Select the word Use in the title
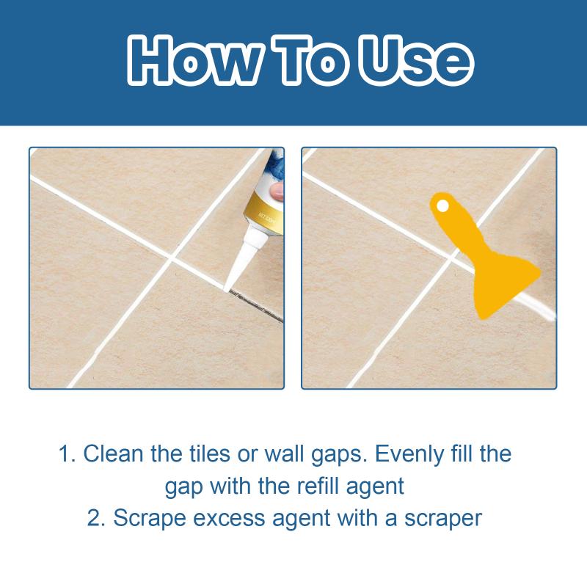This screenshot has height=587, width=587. [x=415, y=60]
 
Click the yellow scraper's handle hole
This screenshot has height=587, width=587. [x=442, y=205]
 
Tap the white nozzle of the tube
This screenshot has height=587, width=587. [x=241, y=261]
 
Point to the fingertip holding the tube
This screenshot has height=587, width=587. [x=277, y=191]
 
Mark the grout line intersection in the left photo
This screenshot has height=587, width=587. [x=171, y=259]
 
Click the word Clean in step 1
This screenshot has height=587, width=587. [x=113, y=453]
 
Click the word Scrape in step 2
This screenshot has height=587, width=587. [x=150, y=519]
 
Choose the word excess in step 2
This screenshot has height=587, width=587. [x=229, y=519]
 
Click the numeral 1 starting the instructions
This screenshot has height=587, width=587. [x=64, y=454]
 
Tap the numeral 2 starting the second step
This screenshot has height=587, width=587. [x=94, y=519]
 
